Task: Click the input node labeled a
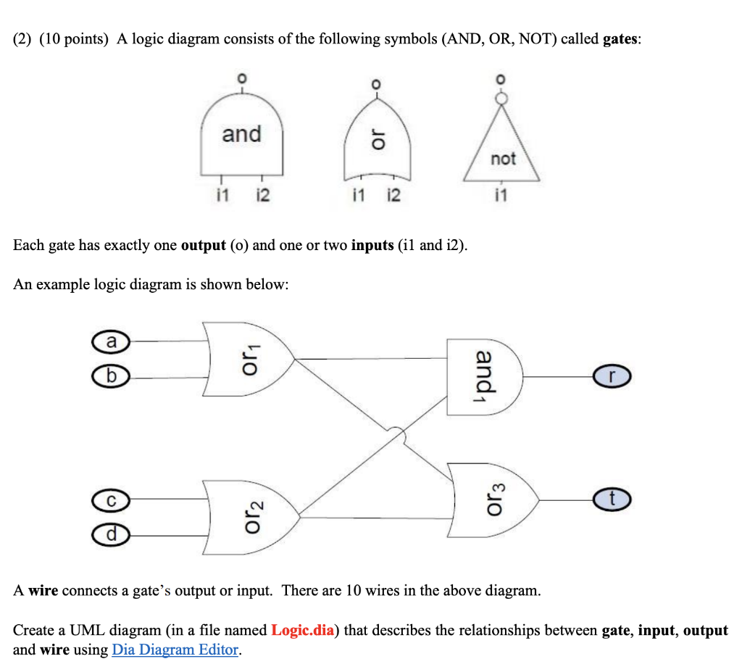coord(109,340)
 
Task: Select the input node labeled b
coord(109,377)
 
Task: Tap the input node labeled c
coord(110,499)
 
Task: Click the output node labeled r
coord(612,377)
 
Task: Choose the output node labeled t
coord(612,499)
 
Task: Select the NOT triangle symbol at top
coord(503,152)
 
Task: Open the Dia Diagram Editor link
coord(175,650)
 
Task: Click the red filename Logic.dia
coord(303,630)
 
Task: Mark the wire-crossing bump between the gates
coord(396,435)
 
